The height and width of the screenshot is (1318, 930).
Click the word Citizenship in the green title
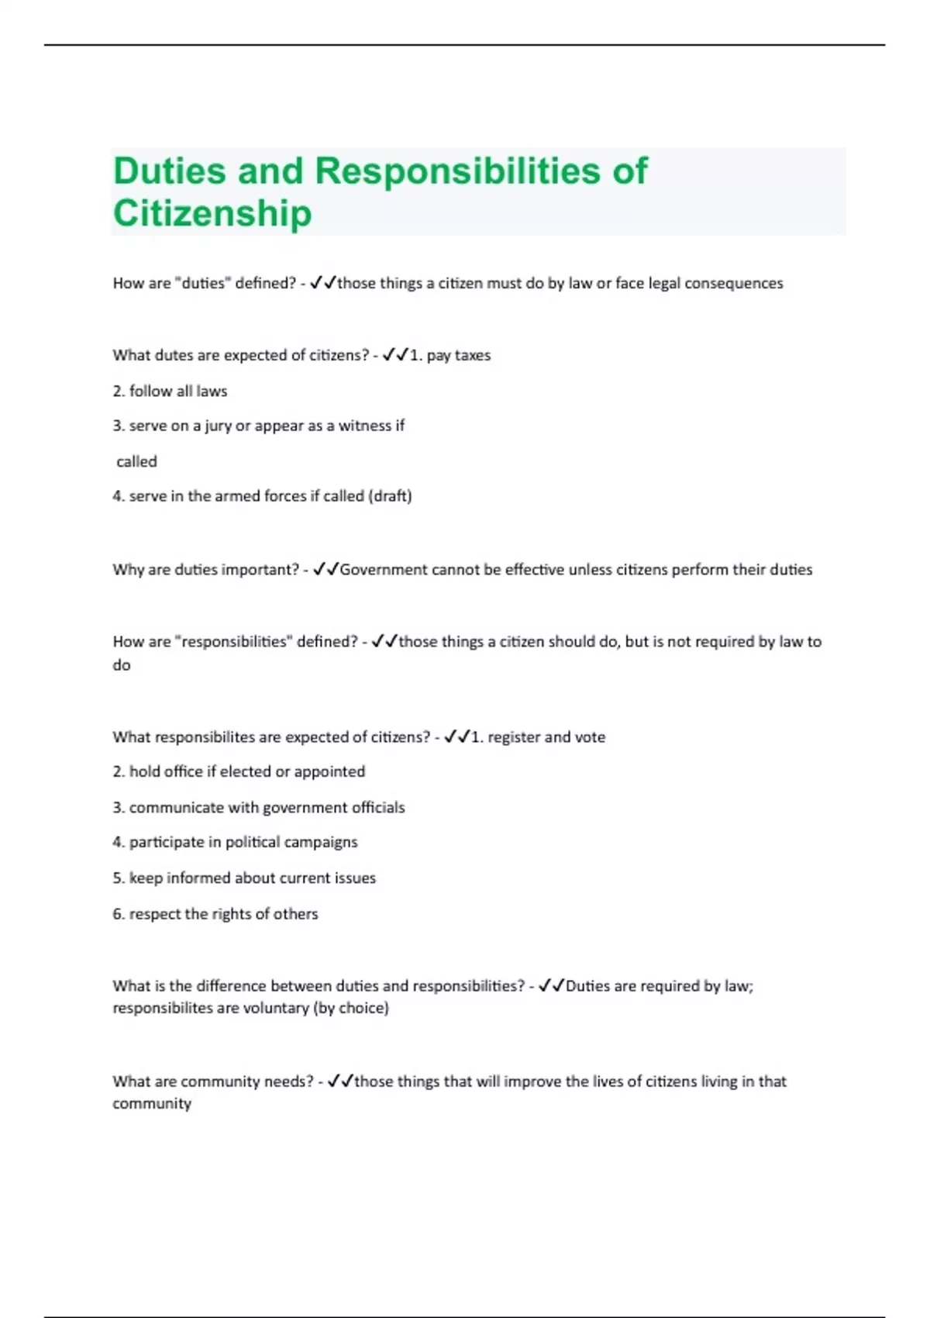[x=212, y=213]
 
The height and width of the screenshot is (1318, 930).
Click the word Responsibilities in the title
[x=457, y=171]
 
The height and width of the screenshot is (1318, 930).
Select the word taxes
[x=472, y=356]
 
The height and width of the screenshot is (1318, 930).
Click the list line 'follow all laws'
[x=170, y=392]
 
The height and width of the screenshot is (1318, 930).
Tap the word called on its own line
[x=136, y=462]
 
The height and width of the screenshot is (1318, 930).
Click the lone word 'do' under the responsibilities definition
[x=122, y=665]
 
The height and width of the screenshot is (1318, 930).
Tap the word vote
[x=590, y=737]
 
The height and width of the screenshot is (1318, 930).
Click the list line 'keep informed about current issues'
[x=244, y=878]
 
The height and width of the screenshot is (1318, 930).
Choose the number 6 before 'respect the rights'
[x=117, y=914]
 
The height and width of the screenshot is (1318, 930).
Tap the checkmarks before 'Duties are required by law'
[x=551, y=986]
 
